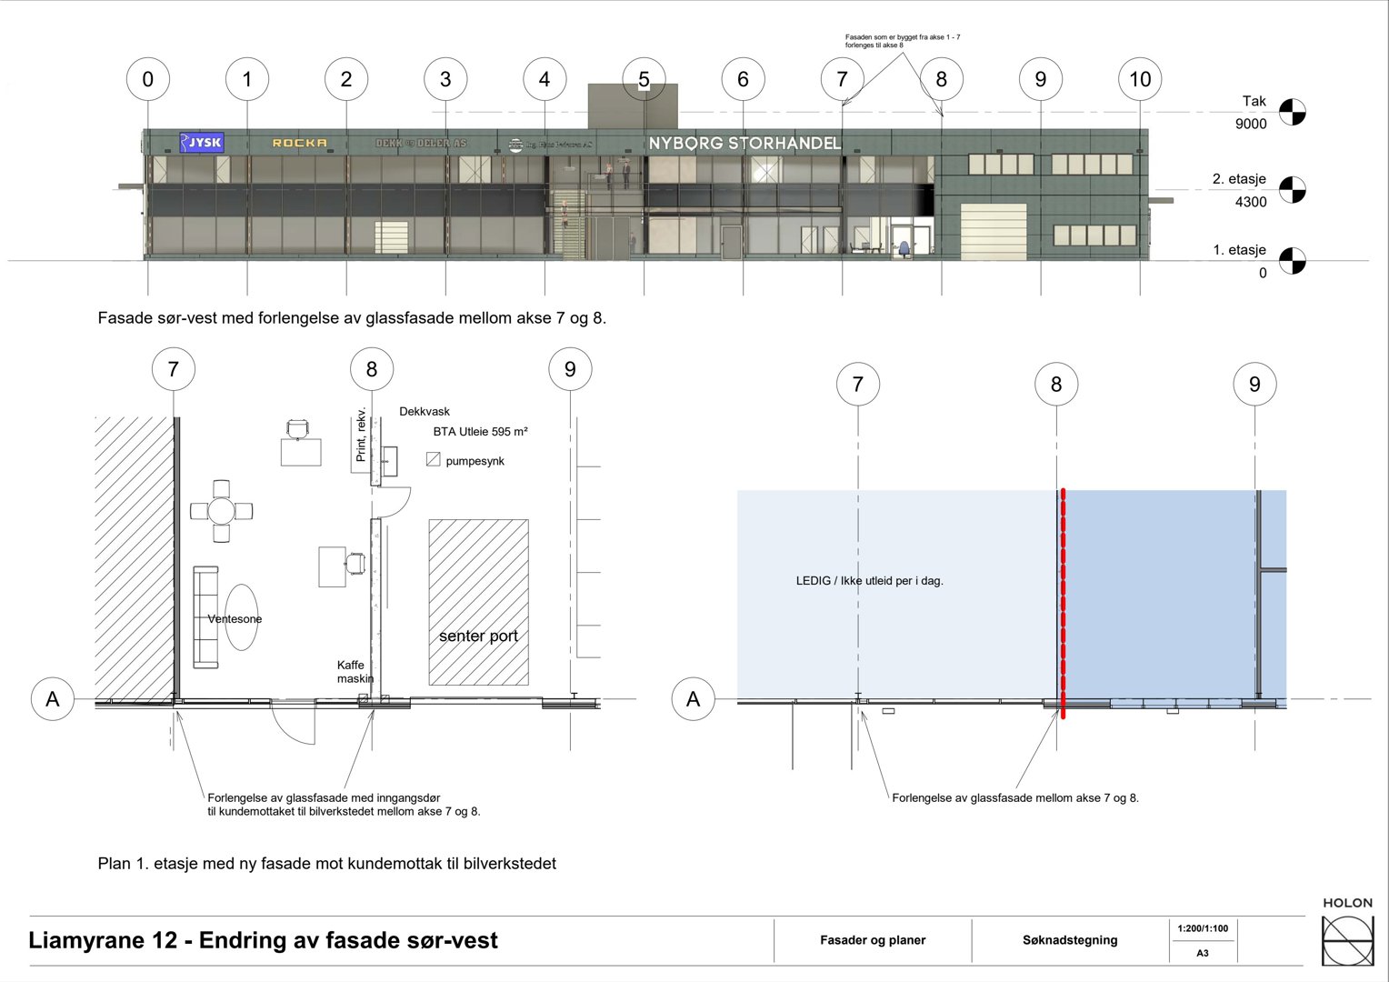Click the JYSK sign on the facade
[201, 142]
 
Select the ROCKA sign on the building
[299, 143]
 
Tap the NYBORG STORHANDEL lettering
[744, 143]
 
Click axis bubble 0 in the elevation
[148, 79]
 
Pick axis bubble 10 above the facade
[1140, 79]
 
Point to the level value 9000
[1251, 124]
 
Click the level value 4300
[1251, 202]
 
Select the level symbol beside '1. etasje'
[1292, 261]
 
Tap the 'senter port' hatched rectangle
[478, 602]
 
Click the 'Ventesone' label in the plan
[235, 619]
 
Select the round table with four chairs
[221, 511]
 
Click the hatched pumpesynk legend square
[434, 460]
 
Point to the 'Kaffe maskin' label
[355, 672]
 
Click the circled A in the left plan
[53, 699]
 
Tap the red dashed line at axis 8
[1062, 600]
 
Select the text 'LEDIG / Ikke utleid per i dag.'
[869, 580]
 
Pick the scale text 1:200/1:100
[1202, 928]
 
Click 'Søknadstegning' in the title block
[1069, 940]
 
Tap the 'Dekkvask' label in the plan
[425, 412]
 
